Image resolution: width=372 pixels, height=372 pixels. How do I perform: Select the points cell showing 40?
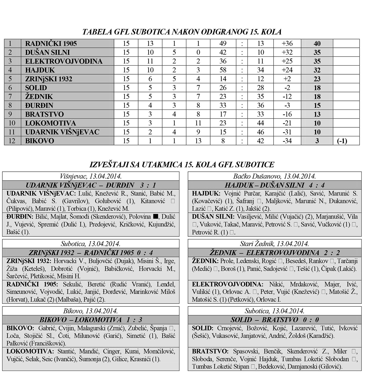click(317, 44)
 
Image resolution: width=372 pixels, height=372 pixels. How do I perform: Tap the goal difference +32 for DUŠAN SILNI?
click(287, 52)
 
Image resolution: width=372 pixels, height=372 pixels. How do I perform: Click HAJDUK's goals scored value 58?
click(223, 70)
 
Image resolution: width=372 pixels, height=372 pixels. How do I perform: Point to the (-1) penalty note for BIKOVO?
click(342, 141)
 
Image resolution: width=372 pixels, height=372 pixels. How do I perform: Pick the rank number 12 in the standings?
click(12, 141)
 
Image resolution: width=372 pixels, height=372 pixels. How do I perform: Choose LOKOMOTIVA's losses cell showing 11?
click(198, 123)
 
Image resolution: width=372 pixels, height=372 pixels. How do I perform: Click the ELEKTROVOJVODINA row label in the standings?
click(64, 61)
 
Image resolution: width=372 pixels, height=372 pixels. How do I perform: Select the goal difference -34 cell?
click(287, 141)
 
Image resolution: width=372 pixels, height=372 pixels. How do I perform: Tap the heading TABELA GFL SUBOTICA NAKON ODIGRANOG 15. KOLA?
click(182, 32)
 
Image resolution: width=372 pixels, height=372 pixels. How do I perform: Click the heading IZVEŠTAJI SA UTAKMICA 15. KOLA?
click(182, 165)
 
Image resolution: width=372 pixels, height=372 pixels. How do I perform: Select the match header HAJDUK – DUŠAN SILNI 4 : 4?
click(274, 185)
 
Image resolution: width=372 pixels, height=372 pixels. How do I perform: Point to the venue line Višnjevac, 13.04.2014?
click(91, 176)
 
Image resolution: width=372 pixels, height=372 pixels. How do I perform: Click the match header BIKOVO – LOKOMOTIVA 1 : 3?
click(91, 320)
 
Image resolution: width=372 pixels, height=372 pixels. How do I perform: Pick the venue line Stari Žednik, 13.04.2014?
click(274, 244)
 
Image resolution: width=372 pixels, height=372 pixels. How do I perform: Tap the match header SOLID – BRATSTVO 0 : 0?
click(274, 320)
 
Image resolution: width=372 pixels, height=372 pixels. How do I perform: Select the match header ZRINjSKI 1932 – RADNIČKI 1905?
click(91, 253)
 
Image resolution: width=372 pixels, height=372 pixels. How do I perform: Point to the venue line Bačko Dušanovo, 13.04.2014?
click(274, 176)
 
